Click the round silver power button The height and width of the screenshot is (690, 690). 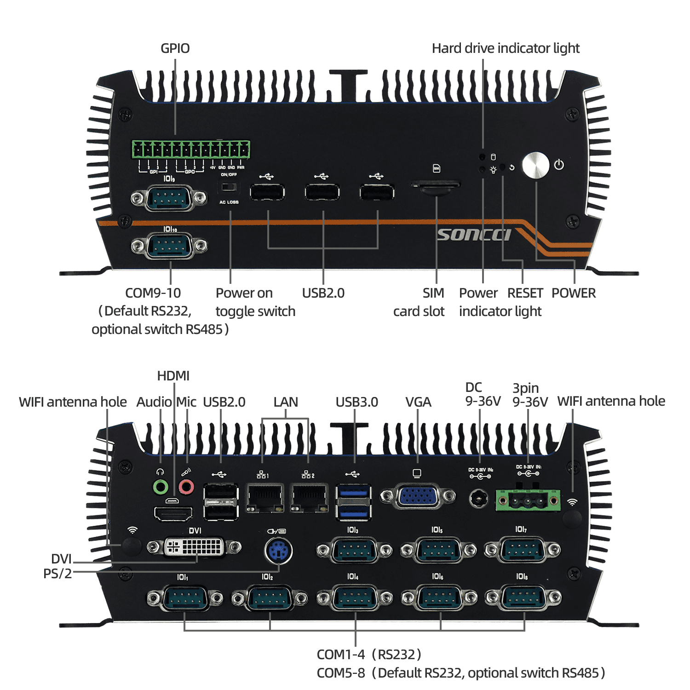tap(535, 166)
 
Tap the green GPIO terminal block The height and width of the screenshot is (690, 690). tap(191, 150)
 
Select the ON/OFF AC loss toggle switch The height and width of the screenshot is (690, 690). tap(229, 187)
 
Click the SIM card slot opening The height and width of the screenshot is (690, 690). tap(435, 185)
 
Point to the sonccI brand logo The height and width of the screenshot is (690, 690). tap(474, 235)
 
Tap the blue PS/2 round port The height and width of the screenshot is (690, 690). tap(278, 550)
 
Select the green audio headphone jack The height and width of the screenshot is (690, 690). tap(160, 486)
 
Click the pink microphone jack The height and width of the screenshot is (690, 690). tap(186, 486)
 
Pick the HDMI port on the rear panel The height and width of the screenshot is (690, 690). tap(173, 512)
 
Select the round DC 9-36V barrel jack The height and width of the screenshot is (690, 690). tap(479, 499)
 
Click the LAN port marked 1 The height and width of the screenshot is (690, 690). tap(264, 498)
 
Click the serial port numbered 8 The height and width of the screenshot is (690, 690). tap(523, 598)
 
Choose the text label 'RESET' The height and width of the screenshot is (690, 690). tap(525, 293)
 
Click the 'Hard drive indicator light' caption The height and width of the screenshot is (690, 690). tap(506, 48)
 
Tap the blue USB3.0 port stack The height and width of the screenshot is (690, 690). tap(354, 501)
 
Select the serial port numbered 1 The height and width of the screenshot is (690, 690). tap(184, 598)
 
